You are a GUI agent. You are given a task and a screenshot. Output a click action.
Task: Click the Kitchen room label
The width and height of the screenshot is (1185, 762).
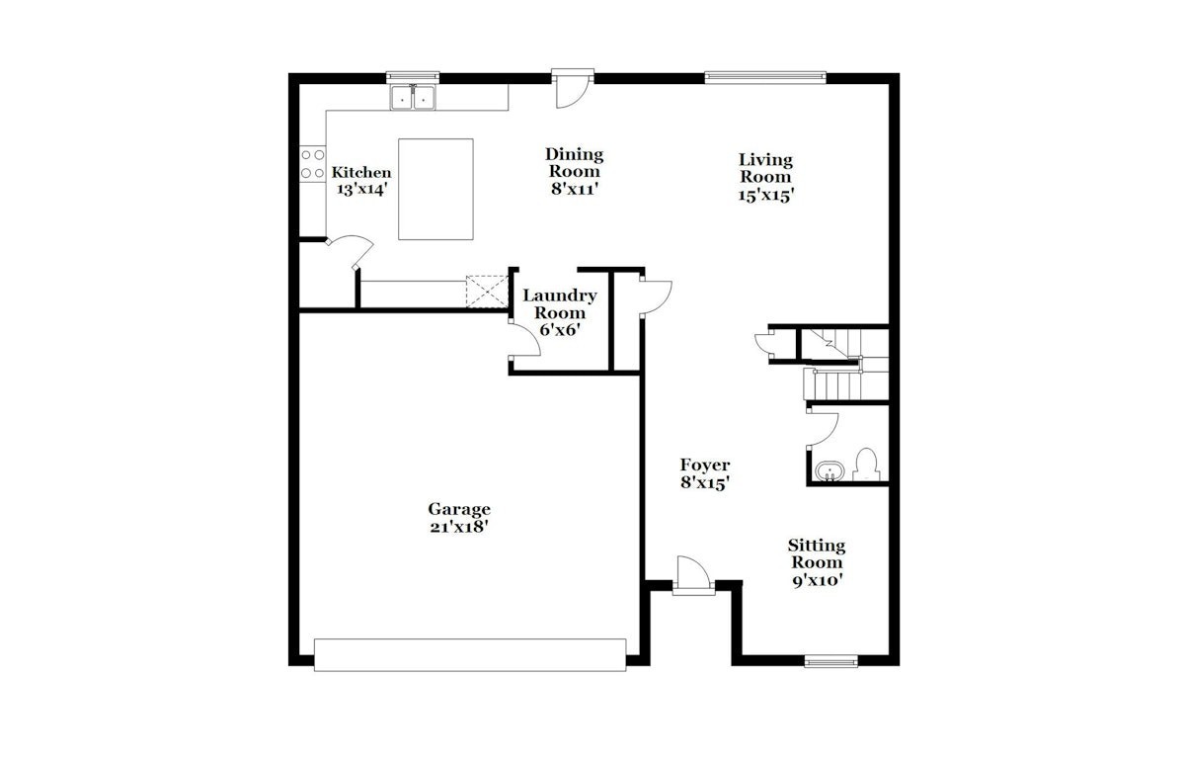click(361, 172)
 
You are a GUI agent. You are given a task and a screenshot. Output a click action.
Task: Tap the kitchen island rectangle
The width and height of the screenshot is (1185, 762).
click(435, 189)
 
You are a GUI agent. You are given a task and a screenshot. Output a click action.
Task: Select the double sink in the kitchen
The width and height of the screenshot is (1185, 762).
click(413, 98)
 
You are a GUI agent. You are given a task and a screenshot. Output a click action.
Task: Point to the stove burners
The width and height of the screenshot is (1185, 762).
click(313, 164)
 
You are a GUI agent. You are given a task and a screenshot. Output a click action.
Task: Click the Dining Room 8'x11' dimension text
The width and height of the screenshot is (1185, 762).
click(575, 189)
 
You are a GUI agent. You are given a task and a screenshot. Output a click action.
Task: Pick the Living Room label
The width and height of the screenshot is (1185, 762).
click(765, 168)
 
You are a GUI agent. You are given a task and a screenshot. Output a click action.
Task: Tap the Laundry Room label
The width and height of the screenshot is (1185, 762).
click(560, 303)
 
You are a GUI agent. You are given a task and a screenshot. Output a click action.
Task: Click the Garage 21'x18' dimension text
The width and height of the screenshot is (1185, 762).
click(458, 527)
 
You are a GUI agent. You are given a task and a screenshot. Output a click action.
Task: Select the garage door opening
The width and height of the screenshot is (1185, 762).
click(470, 655)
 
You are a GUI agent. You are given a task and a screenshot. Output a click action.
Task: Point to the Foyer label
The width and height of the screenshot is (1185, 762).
click(705, 465)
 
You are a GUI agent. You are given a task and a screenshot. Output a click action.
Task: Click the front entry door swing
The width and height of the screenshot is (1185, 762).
click(693, 572)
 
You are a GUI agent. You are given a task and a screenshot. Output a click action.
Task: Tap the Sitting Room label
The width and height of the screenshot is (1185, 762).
click(817, 553)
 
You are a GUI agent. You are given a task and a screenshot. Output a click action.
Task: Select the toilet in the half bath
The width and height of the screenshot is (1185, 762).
click(867, 465)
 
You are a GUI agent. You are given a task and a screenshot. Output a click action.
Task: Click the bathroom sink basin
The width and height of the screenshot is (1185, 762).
click(829, 470)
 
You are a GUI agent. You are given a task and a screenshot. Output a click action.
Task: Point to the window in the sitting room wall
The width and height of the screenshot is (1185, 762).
click(831, 661)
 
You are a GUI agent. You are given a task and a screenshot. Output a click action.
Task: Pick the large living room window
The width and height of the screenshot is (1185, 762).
click(765, 78)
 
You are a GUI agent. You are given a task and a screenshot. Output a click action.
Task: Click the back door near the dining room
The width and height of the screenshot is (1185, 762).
click(573, 88)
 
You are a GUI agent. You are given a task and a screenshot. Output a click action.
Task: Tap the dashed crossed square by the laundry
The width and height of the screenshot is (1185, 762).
click(487, 292)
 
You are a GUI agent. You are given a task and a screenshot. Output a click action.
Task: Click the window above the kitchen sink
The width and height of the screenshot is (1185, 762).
click(413, 78)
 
